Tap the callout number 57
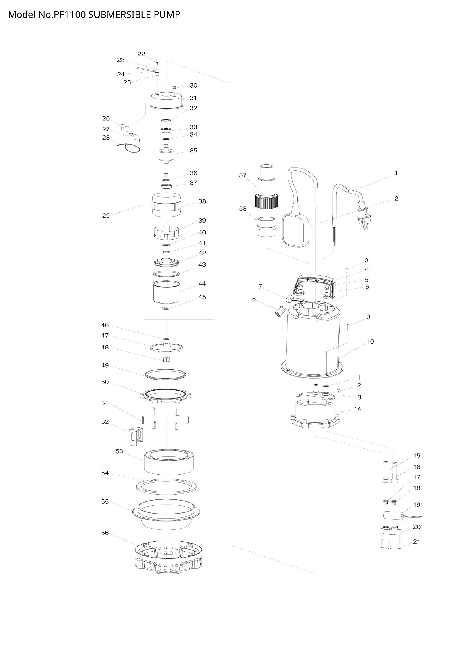coord(243,175)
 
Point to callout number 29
coord(106,216)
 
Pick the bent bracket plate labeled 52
coord(136,436)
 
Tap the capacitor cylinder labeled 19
coord(392,516)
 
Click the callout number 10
coord(370,342)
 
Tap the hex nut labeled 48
coord(166,359)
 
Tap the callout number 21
coord(417,542)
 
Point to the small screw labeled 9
coord(348,327)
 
